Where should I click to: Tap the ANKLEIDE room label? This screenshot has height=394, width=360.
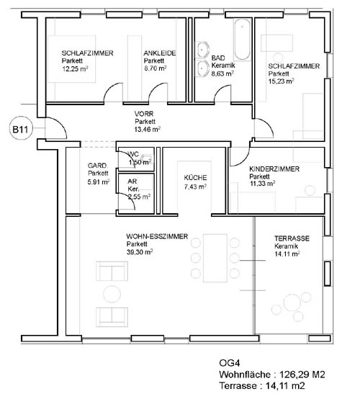point(160,53)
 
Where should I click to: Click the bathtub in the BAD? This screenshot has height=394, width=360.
point(242,40)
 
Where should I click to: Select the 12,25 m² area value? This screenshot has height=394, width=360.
point(75,68)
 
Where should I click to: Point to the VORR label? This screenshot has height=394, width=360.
point(144,114)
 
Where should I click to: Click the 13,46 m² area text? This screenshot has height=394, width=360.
point(148,130)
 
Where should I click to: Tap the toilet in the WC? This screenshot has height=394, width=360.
point(146,158)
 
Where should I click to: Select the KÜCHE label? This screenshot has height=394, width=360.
point(195,178)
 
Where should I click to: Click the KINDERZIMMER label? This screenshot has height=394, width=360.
point(274,169)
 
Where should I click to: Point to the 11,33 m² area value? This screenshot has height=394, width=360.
point(262,184)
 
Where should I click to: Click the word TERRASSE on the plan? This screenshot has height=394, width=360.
point(292,238)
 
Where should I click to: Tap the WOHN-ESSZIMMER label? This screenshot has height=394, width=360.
point(157,236)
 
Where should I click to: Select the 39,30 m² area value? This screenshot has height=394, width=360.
point(140,252)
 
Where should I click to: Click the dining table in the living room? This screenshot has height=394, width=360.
point(215,258)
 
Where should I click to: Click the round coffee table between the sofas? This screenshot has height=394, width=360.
point(112,294)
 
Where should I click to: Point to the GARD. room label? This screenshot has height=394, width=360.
point(97,166)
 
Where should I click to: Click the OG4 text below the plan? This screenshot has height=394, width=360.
point(230,363)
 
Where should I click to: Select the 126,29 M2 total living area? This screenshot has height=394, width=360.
point(302,375)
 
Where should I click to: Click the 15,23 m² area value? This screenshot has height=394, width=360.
point(281,81)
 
